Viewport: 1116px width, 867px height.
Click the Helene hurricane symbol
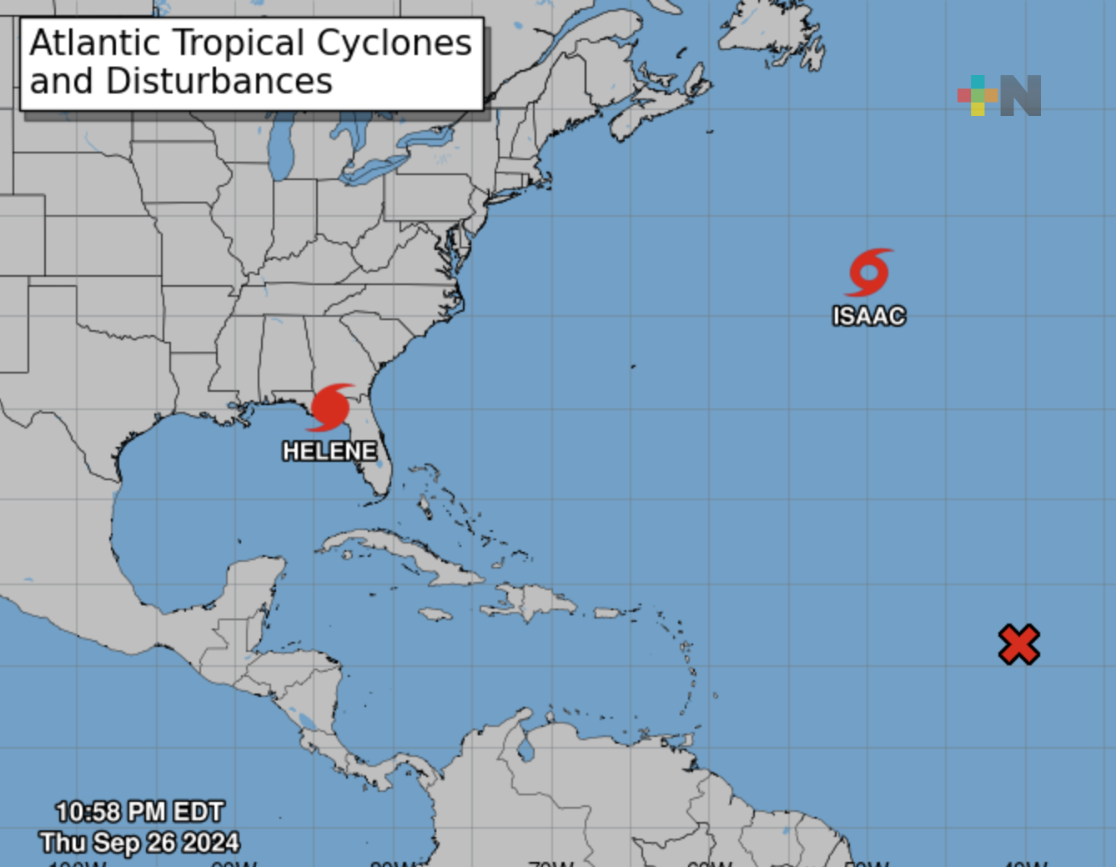(331, 407)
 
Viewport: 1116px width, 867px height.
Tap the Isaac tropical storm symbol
(869, 273)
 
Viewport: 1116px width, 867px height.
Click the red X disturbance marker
(1018, 644)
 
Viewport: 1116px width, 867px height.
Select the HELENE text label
(329, 451)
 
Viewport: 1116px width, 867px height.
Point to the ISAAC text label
(869, 316)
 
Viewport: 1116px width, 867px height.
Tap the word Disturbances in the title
(219, 82)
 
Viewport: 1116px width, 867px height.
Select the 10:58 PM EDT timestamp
(140, 812)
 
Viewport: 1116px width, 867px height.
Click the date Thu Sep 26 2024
(140, 843)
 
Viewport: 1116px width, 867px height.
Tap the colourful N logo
(999, 95)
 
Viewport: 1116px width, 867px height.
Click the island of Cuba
(400, 554)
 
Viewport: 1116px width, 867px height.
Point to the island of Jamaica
(435, 614)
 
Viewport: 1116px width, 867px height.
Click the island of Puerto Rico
(608, 613)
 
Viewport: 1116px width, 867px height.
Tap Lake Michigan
(282, 149)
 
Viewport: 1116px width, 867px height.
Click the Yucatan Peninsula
(254, 584)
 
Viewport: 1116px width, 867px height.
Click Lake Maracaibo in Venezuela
(525, 748)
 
